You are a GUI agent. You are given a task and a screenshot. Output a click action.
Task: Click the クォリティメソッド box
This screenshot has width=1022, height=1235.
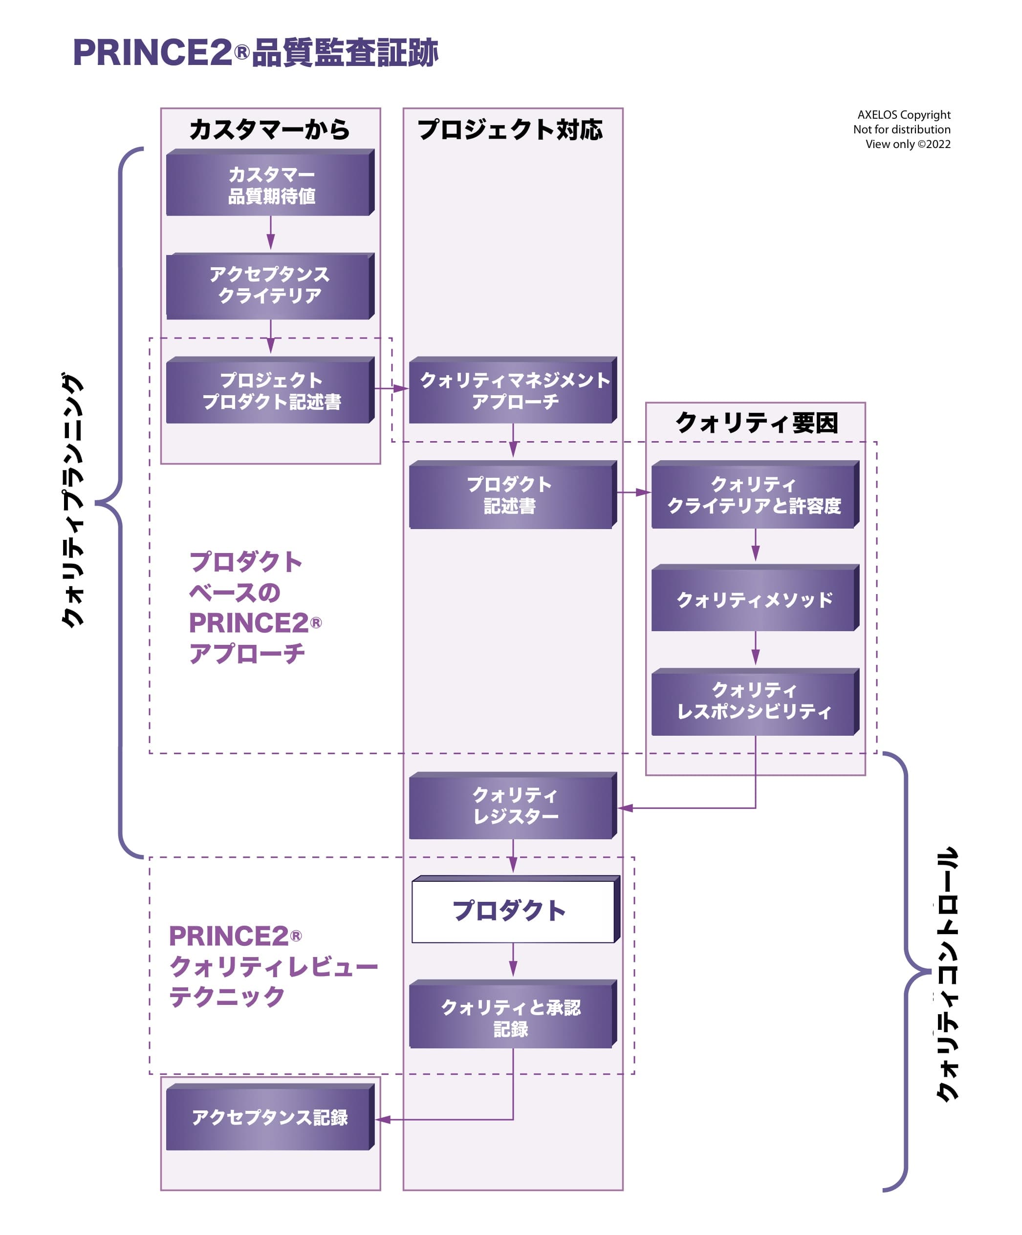(755, 599)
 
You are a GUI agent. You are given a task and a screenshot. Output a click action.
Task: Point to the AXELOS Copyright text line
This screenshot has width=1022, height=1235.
(903, 115)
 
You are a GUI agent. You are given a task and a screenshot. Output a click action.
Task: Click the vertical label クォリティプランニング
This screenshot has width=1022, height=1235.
(73, 500)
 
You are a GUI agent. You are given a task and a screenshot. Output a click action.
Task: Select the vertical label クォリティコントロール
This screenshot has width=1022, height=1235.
(947, 973)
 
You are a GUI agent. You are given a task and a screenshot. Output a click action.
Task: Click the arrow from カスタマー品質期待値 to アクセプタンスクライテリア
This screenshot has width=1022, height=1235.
(271, 233)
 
